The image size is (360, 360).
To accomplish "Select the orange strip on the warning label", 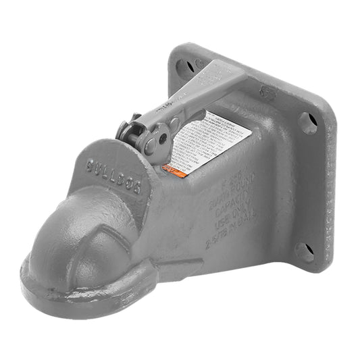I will tap(178, 173).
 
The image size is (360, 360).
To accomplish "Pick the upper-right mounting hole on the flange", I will tap(307, 123).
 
